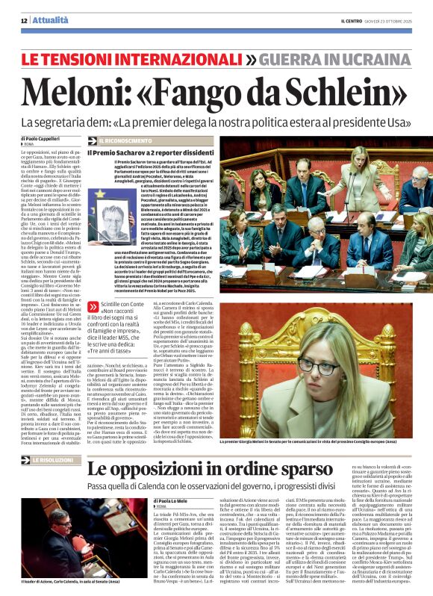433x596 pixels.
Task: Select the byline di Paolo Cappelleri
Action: point(40,139)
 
